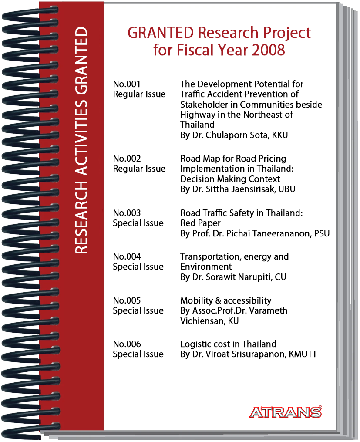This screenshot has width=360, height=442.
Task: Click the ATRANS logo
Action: [x=286, y=412]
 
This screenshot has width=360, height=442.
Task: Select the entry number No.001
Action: [x=127, y=84]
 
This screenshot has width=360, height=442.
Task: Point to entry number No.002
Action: [x=127, y=159]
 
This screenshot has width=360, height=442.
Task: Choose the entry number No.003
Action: [x=127, y=213]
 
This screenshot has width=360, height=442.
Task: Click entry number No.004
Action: [x=127, y=256]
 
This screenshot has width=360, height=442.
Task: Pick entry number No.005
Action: [x=127, y=300]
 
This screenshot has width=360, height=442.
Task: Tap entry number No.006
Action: [x=127, y=344]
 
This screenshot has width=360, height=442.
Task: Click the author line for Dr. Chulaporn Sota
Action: [x=234, y=135]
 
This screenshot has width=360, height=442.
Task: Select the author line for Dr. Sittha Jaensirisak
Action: [x=237, y=189]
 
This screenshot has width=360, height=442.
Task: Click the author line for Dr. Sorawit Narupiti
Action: [x=233, y=277]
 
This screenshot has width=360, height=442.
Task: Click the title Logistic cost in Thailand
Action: [x=228, y=344]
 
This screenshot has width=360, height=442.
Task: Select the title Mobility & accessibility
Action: [x=225, y=300]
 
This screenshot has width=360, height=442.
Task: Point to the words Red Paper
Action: [x=200, y=223]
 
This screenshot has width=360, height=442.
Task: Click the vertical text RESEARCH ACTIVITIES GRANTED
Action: [x=81, y=141]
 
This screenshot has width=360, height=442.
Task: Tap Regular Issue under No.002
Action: [x=139, y=169]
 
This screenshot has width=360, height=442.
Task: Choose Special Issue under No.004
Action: [x=138, y=267]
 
